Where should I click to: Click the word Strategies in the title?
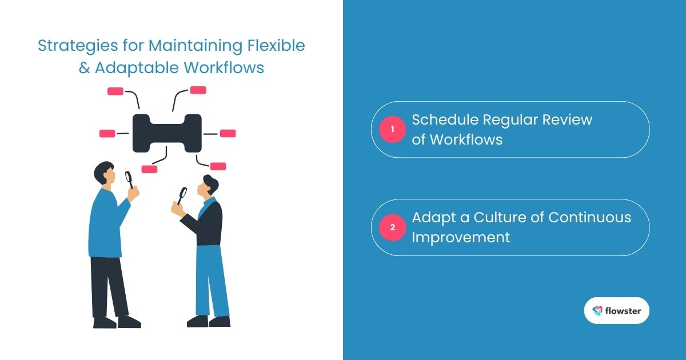coord(78,46)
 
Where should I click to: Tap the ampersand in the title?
coord(84,68)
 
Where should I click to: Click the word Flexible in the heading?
coord(276,45)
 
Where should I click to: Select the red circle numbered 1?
coord(393,130)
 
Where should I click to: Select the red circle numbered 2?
coord(393,227)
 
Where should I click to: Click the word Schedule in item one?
coord(445,119)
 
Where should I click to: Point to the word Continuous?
coord(589,217)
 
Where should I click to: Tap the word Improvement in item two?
coord(461,238)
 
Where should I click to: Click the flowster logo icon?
coord(597,311)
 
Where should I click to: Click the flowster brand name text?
coord(623,311)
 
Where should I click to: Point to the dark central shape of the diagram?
coord(167,134)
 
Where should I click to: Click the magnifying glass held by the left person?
coord(129,179)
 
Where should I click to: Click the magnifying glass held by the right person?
coord(182,196)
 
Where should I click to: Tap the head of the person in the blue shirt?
coord(105,173)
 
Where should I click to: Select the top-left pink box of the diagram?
coord(115,91)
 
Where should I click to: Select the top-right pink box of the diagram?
coord(198,90)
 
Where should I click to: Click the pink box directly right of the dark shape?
coord(228,134)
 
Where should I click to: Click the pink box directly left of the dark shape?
coord(107,134)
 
